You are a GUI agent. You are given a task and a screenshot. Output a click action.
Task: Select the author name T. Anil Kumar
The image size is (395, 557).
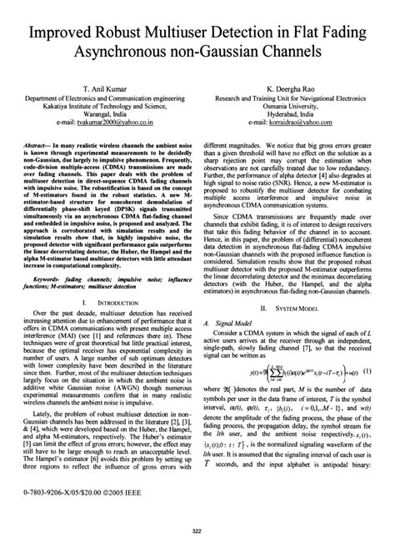tap(105, 87)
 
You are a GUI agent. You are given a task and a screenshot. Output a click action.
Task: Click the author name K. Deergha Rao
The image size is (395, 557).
tap(290, 87)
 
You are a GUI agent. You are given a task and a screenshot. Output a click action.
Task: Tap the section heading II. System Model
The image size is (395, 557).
tap(290, 308)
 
